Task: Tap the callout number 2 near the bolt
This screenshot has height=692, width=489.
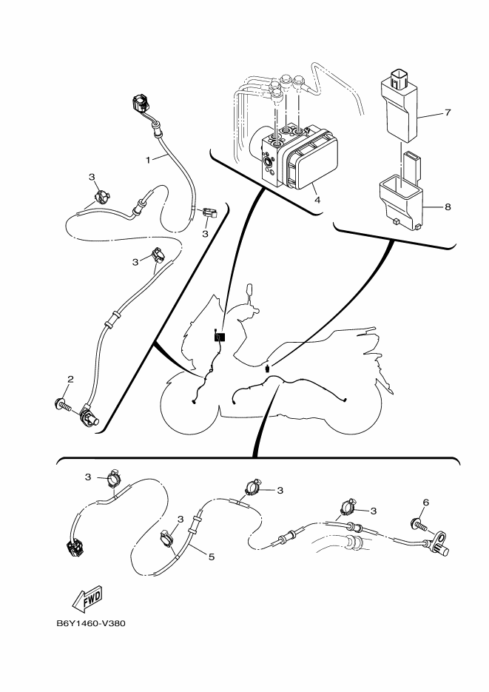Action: [x=70, y=380]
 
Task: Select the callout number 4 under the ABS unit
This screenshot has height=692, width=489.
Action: [x=316, y=199]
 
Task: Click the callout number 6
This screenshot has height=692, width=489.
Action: [x=425, y=503]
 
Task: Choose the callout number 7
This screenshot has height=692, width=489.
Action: [x=448, y=112]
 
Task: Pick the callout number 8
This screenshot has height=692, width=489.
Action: [x=448, y=207]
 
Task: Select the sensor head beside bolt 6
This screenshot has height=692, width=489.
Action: [x=441, y=547]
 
